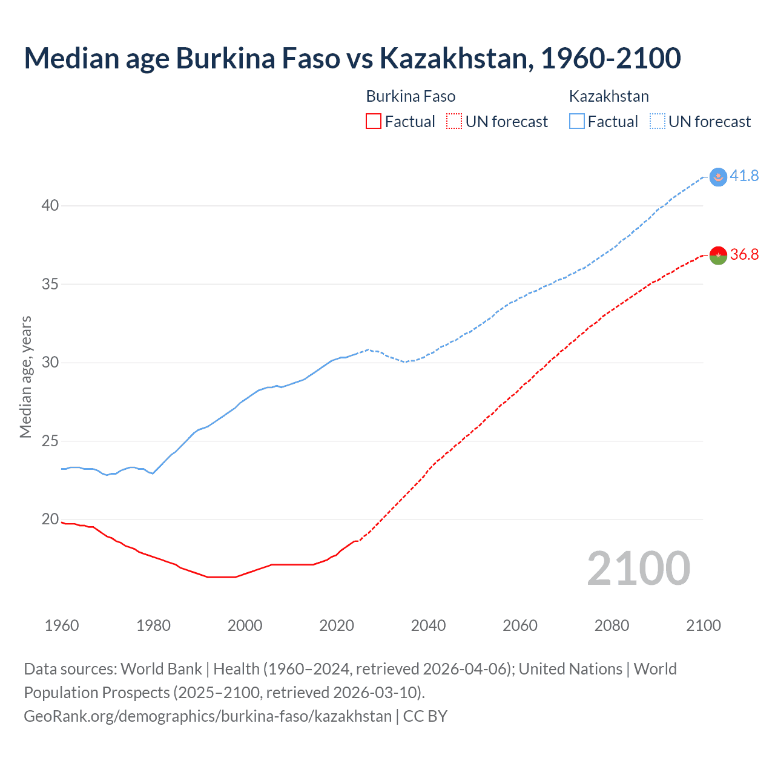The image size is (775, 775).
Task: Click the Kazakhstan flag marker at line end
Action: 718,177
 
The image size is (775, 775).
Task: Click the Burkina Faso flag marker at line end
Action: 718,256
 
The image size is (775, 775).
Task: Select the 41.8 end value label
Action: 744,176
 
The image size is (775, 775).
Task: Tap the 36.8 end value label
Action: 744,255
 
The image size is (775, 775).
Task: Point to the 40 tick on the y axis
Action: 50,206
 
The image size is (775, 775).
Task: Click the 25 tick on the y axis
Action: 50,441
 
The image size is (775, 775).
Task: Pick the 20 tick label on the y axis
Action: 50,519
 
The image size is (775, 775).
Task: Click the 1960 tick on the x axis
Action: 62,625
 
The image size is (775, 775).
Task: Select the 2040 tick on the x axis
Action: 428,625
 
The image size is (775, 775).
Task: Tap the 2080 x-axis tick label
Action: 612,625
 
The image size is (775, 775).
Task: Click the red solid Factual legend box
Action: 374,122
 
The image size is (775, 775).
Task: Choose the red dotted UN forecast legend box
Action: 454,122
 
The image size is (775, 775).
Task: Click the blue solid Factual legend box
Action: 577,122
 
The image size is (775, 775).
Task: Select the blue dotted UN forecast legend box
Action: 657,122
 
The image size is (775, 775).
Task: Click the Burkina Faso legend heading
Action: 411,96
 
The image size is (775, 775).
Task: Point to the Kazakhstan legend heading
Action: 608,96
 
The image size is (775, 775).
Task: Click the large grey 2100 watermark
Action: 638,569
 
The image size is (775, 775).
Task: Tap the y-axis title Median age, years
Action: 25,377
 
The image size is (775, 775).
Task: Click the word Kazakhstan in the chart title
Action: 456,58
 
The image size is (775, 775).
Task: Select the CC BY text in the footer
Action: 425,716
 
